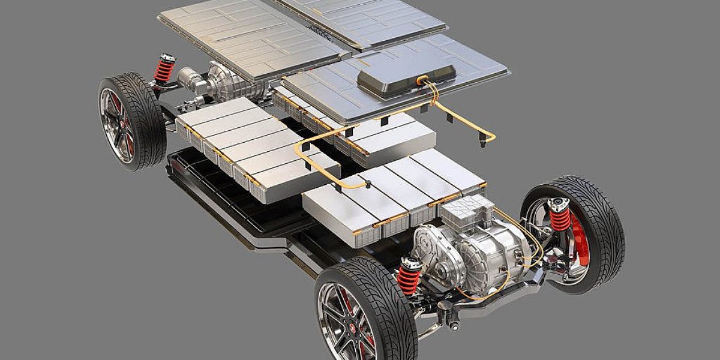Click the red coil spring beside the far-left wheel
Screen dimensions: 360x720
[163, 70]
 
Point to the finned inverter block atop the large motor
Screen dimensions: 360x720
[467, 210]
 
